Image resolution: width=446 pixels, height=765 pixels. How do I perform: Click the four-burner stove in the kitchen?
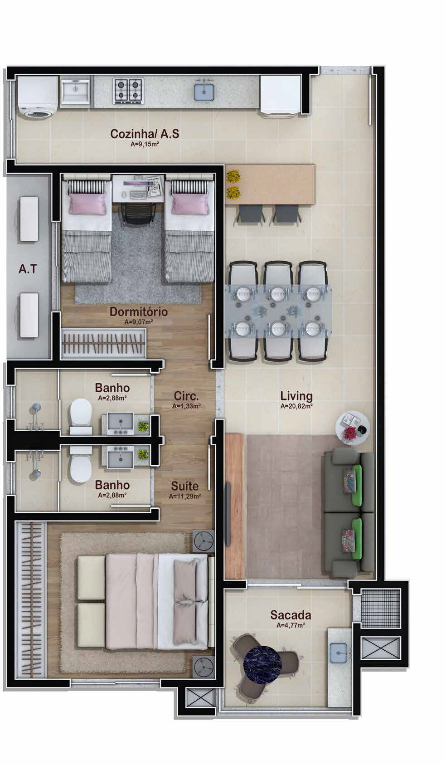click(128, 91)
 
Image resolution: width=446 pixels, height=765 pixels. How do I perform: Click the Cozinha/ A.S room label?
click(144, 133)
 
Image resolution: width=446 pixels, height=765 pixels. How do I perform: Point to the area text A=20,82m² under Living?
click(296, 406)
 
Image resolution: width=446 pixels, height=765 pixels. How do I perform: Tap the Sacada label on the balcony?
click(291, 615)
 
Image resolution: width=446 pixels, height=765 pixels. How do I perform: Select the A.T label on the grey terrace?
click(28, 269)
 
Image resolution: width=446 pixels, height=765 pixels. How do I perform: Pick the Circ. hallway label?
click(186, 396)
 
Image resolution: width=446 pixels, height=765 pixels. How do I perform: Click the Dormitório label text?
click(139, 312)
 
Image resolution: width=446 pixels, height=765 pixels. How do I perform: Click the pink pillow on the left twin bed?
click(87, 204)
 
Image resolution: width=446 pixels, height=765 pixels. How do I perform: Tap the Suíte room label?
click(184, 486)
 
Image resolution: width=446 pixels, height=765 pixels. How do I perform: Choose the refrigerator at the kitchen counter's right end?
click(281, 96)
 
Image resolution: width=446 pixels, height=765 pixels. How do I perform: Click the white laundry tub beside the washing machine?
click(75, 91)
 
